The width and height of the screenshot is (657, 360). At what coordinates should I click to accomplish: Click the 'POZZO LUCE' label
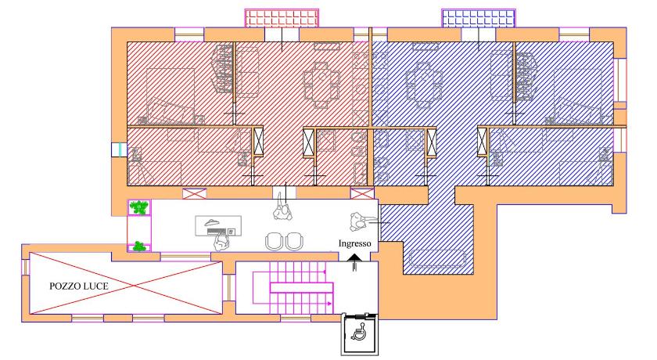pyautogui.click(x=79, y=286)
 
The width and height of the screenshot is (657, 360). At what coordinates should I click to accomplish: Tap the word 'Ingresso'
pyautogui.click(x=354, y=243)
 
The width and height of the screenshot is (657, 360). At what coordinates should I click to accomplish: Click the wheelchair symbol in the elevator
pyautogui.click(x=359, y=333)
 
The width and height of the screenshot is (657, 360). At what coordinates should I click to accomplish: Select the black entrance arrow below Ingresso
pyautogui.click(x=354, y=264)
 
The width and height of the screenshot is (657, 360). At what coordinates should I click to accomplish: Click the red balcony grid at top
pyautogui.click(x=282, y=19)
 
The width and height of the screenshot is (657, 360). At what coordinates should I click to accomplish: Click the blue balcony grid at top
pyautogui.click(x=479, y=19)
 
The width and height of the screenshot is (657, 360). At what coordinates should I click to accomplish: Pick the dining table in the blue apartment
pyautogui.click(x=424, y=86)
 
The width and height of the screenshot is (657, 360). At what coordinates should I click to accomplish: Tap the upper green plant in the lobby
pyautogui.click(x=138, y=207)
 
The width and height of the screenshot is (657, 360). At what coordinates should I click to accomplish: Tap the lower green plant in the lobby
pyautogui.click(x=139, y=247)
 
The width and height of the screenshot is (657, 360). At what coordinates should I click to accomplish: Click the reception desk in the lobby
pyautogui.click(x=218, y=226)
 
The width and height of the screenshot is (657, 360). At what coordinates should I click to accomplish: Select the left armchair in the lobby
pyautogui.click(x=274, y=242)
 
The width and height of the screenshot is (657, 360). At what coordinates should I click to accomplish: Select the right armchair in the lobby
pyautogui.click(x=294, y=242)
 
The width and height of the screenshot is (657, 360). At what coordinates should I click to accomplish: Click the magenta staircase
pyautogui.click(x=293, y=287)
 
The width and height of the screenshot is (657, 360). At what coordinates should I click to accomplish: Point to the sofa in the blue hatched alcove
pyautogui.click(x=437, y=258)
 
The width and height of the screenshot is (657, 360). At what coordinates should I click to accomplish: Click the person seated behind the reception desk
pyautogui.click(x=221, y=242)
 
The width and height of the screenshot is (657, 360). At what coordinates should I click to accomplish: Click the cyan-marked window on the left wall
pyautogui.click(x=119, y=149)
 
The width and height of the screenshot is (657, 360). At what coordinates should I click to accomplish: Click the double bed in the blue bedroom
pyautogui.click(x=578, y=96)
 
